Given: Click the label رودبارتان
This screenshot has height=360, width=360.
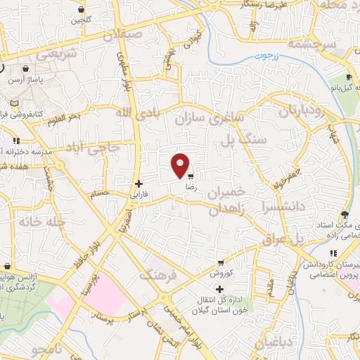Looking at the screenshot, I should tap(304, 112).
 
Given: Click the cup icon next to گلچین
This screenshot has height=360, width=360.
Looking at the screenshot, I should tap(83, 10).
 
